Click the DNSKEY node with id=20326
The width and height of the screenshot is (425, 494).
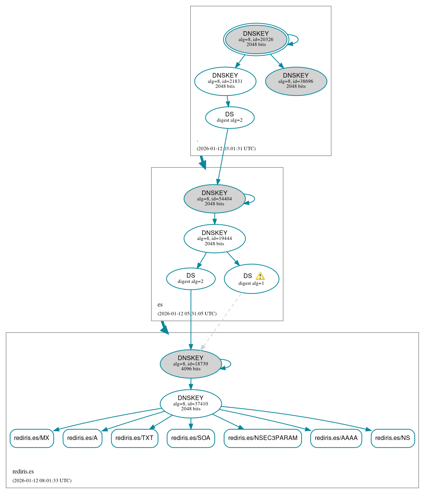[256, 40]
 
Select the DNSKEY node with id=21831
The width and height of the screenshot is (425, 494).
[225, 81]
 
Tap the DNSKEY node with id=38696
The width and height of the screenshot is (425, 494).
[296, 81]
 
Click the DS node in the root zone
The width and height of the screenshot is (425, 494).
[229, 118]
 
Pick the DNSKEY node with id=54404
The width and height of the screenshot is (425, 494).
[215, 199]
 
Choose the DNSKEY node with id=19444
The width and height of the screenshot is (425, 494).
[215, 238]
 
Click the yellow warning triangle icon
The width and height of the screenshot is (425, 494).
[260, 276]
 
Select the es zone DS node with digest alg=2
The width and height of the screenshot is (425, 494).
[191, 279]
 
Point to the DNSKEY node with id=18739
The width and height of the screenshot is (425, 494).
[191, 364]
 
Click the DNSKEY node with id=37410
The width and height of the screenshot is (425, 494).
[191, 403]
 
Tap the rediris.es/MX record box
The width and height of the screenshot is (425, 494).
[32, 438]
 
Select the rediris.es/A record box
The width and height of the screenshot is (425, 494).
[82, 438]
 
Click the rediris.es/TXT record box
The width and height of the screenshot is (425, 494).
[134, 438]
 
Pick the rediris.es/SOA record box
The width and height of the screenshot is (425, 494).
[191, 438]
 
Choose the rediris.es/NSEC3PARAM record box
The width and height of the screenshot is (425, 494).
[263, 438]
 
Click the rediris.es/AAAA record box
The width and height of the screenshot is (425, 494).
[336, 438]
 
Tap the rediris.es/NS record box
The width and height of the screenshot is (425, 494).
[393, 438]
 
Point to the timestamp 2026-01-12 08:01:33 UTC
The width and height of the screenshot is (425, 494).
[42, 481]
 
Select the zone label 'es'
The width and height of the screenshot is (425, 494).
[160, 305]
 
